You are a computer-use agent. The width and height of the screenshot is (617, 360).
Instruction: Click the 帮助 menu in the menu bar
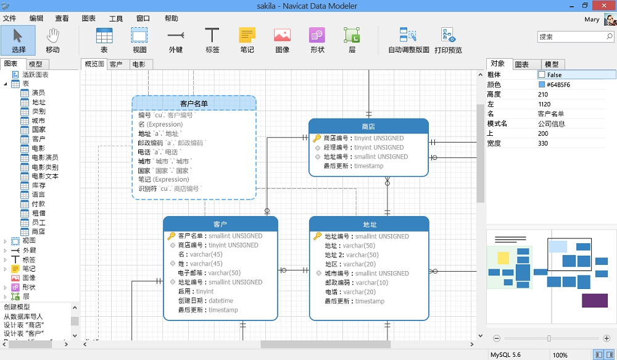pos(171,19)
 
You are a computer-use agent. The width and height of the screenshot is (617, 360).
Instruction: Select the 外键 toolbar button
pos(175,40)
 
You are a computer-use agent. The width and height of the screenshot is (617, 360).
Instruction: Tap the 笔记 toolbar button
pos(247,40)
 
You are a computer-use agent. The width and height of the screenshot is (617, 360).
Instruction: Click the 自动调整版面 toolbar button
pos(408,40)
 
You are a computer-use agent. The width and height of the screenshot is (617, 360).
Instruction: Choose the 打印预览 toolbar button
pos(448,40)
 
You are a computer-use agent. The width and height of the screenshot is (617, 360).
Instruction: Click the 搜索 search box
pos(575,36)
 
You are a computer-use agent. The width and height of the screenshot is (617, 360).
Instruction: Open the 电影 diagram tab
pos(138,64)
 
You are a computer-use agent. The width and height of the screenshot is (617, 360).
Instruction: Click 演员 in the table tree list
pos(38,93)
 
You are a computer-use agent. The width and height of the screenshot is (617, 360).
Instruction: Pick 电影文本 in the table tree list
pos(45,176)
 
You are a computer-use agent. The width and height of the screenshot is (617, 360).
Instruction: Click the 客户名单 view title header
pos(194,103)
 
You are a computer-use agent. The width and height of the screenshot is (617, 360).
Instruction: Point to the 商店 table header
pos(368,127)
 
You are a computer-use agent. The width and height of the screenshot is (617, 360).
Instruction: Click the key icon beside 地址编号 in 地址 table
pos(317,236)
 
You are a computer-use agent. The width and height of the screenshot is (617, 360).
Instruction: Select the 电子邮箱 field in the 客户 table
pos(209,273)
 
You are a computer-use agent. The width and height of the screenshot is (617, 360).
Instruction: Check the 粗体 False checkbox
pos(542,75)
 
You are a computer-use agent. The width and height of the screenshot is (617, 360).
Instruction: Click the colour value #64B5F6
pos(558,85)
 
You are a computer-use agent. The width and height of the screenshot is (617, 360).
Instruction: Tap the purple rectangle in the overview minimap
pos(595,301)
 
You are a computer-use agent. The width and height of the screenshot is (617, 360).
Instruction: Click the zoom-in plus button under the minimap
pos(607,338)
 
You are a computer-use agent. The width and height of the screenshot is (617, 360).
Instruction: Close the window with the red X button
pos(605,5)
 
